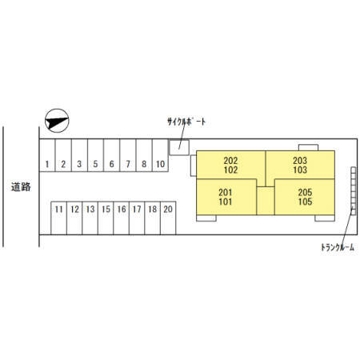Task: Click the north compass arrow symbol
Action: [57, 121]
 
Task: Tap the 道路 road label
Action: [21, 187]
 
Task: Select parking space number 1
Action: [47, 155]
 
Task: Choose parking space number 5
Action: [95, 155]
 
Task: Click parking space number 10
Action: [160, 155]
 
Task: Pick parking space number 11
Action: [58, 218]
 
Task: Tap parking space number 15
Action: [106, 218]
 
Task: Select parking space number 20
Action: [168, 218]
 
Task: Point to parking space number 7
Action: [128, 155]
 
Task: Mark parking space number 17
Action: [137, 218]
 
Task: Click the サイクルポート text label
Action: [186, 122]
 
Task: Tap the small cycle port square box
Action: [179, 147]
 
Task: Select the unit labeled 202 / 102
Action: [230, 165]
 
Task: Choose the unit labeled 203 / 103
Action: [300, 165]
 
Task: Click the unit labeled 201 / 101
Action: [226, 197]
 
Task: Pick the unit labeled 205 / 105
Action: [305, 197]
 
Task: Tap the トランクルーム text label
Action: [338, 247]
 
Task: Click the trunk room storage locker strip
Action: [354, 191]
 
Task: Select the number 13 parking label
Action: [90, 210]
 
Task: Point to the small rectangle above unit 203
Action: [308, 148]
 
